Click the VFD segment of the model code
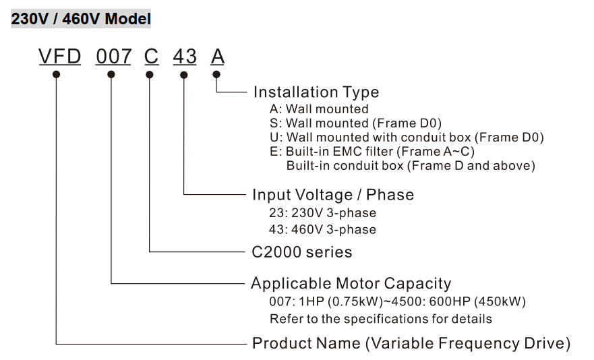pyautogui.click(x=59, y=57)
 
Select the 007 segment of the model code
pyautogui.click(x=113, y=57)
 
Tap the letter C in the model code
pyautogui.click(x=151, y=57)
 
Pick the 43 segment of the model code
pyautogui.click(x=185, y=57)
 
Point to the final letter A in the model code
pyautogui.click(x=217, y=57)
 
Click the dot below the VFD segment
pyautogui.click(x=57, y=74)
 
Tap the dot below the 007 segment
pyautogui.click(x=111, y=74)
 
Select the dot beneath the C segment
pyautogui.click(x=149, y=74)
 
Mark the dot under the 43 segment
pyautogui.click(x=183, y=74)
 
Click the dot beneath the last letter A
pyautogui.click(x=216, y=74)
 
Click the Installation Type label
pyautogui.click(x=316, y=92)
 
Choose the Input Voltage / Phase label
pyautogui.click(x=333, y=195)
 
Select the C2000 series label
pyautogui.click(x=302, y=252)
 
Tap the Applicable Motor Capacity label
pyautogui.click(x=351, y=283)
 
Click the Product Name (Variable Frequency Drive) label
pyautogui.click(x=411, y=343)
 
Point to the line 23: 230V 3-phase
pyautogui.click(x=323, y=212)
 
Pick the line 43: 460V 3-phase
pyautogui.click(x=323, y=229)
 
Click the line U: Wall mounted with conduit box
pyautogui.click(x=407, y=137)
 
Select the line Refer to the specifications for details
pyautogui.click(x=381, y=318)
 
